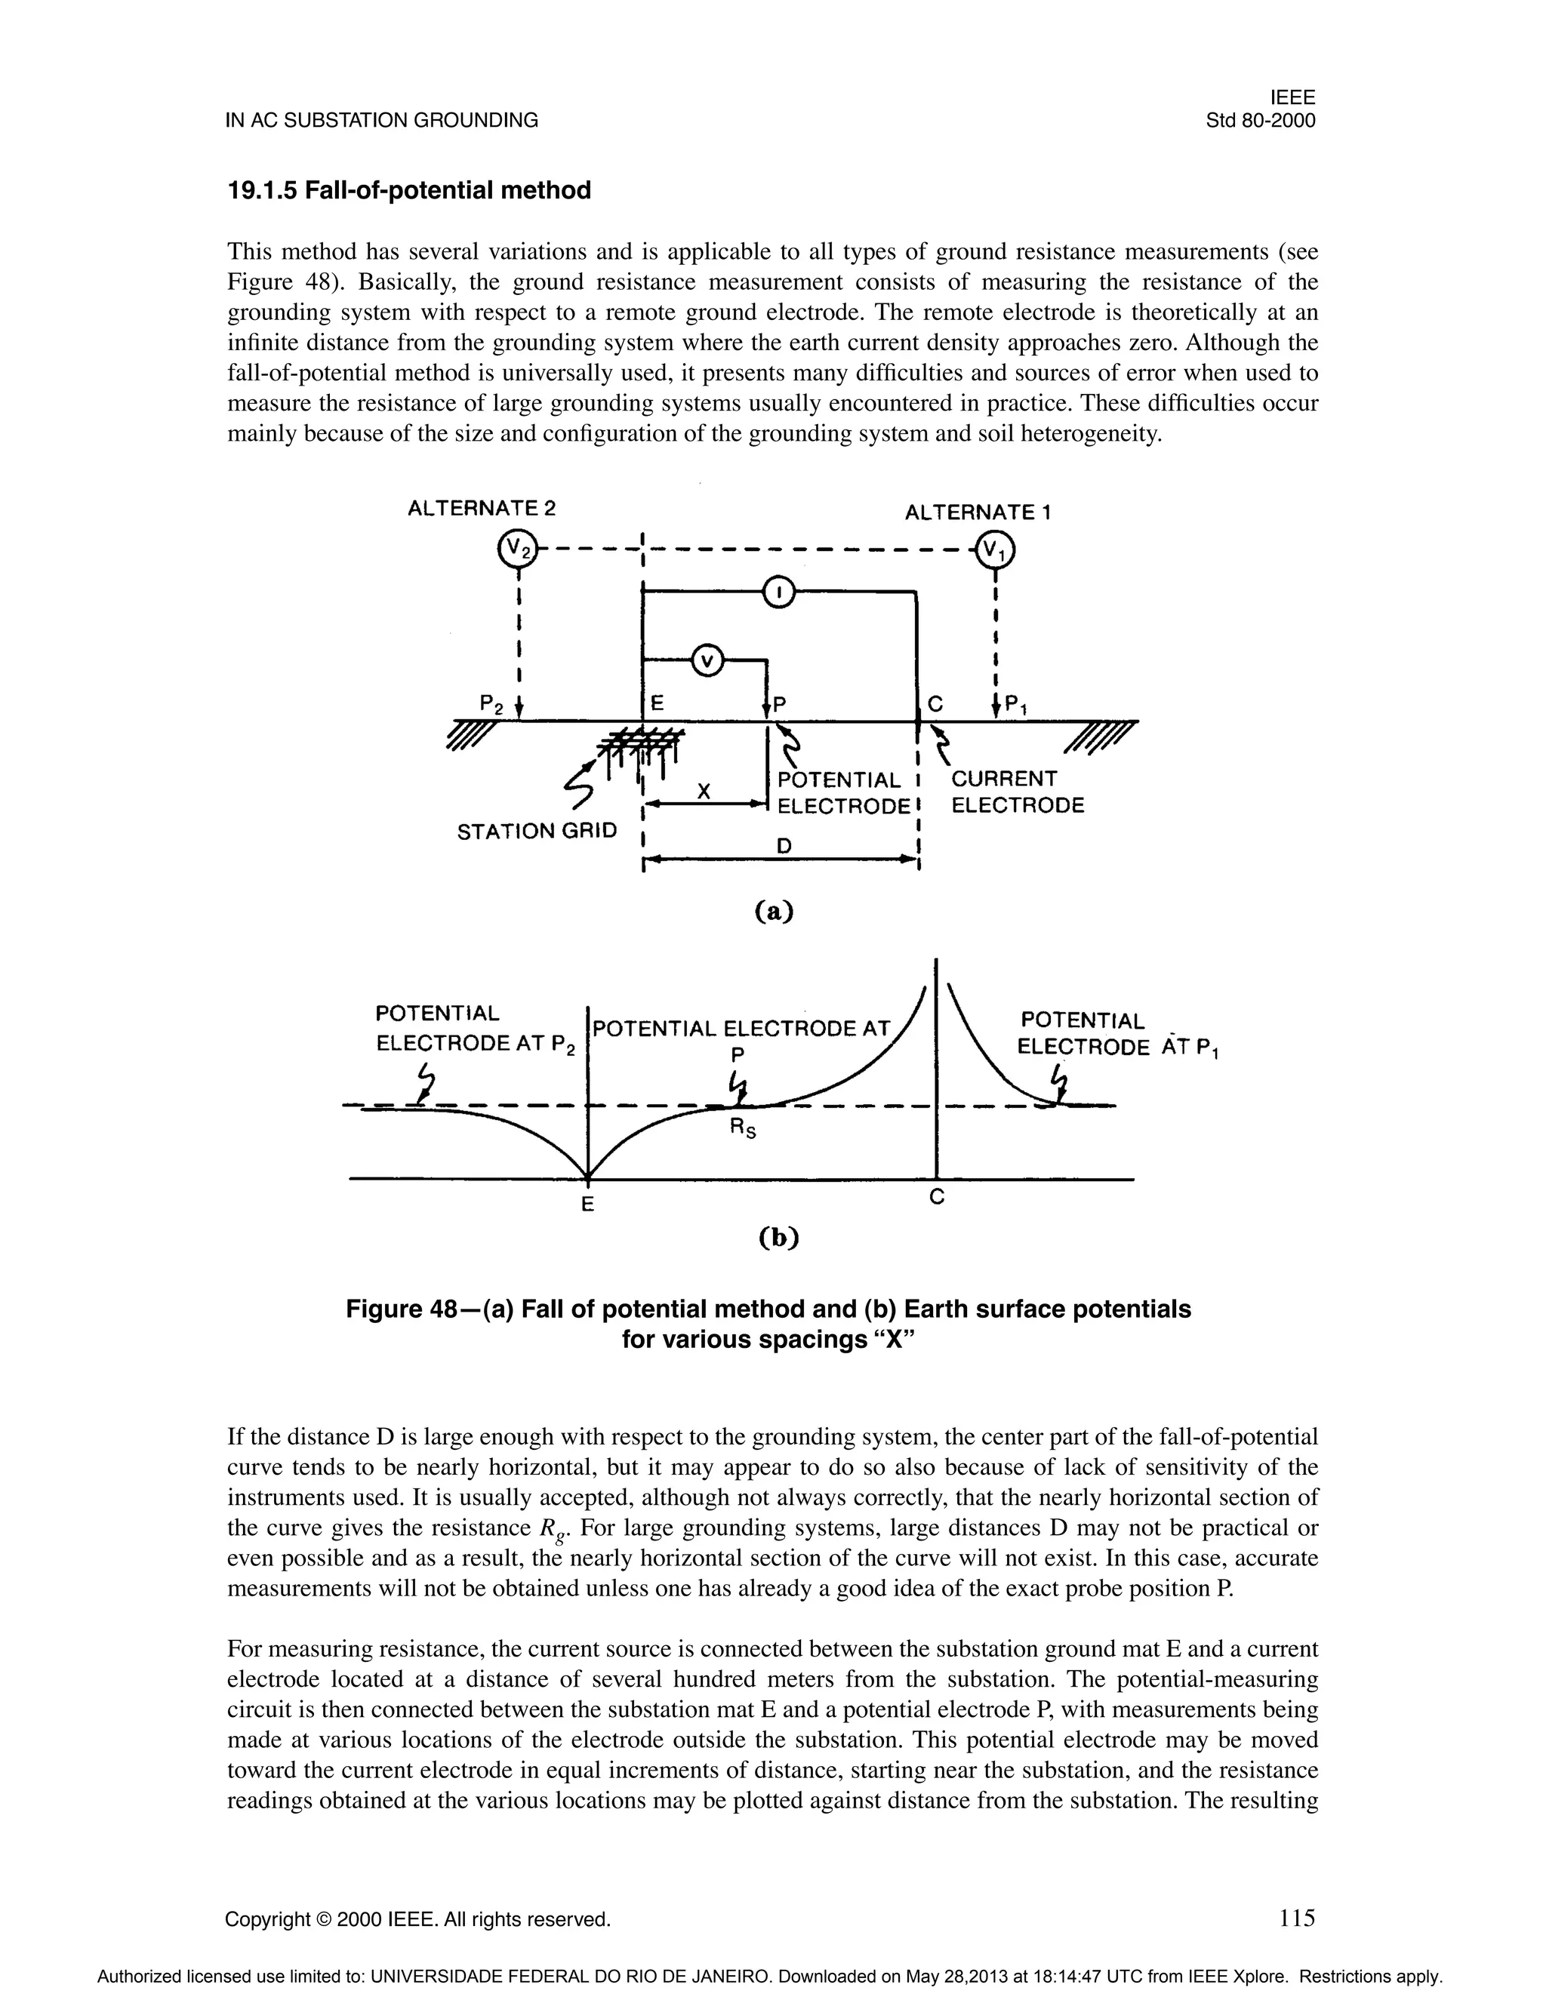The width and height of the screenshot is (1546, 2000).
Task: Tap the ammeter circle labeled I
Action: point(778,592)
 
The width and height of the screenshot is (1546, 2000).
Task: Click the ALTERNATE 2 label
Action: point(482,508)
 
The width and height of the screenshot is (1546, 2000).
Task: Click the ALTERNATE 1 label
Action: point(978,512)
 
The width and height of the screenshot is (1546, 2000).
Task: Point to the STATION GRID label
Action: point(537,832)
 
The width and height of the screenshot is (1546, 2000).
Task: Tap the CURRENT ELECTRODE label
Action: point(1018,792)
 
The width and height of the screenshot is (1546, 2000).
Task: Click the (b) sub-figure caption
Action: point(779,1237)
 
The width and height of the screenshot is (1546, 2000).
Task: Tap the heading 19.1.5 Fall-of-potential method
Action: point(408,190)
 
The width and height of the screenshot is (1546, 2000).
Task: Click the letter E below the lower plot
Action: point(588,1205)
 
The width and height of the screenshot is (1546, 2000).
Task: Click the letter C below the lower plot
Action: point(936,1197)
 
